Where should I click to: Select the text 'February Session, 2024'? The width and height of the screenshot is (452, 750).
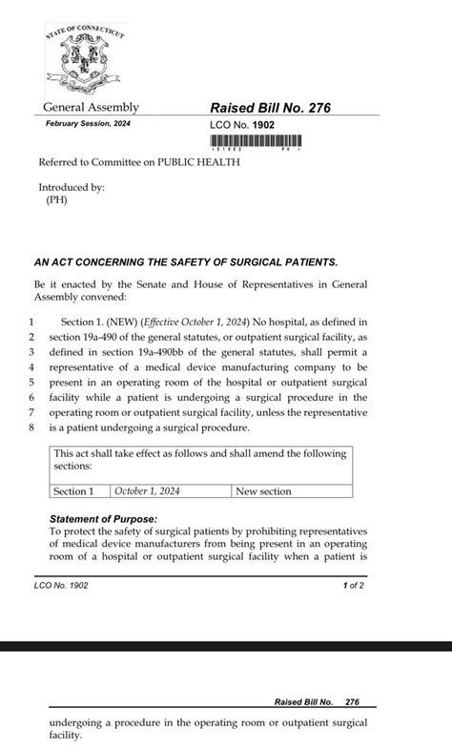tap(88, 124)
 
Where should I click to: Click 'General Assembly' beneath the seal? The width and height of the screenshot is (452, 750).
tap(91, 107)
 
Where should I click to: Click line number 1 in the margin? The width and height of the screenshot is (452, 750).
tap(31, 323)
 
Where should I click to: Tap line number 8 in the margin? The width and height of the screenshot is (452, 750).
tap(31, 427)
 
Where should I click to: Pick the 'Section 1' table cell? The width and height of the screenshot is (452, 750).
tap(73, 491)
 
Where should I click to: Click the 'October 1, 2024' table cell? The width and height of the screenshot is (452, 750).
tap(147, 491)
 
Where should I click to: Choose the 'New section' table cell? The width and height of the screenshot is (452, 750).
tap(264, 491)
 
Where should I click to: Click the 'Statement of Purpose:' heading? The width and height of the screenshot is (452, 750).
tap(103, 519)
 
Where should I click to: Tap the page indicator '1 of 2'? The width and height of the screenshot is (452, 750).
tap(353, 586)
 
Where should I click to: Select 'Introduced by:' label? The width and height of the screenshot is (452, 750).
tap(72, 187)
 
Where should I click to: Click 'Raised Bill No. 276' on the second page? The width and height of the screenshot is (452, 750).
tap(317, 701)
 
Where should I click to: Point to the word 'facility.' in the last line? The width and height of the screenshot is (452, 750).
tap(67, 736)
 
